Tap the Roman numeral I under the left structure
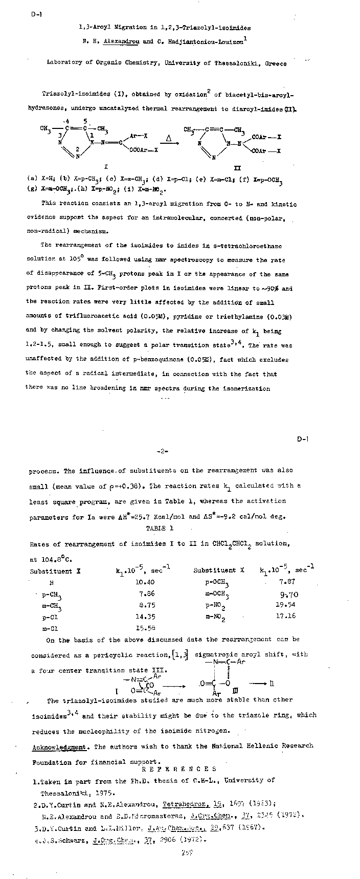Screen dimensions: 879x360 coord(106,167)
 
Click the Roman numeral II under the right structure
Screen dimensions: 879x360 coord(237,168)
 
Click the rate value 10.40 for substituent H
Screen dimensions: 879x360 coord(145,582)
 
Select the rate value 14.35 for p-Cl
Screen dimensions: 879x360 coord(145,617)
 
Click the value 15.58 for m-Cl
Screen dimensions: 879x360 coord(145,629)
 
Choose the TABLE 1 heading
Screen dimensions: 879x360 coord(160,529)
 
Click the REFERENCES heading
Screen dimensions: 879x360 coord(179,769)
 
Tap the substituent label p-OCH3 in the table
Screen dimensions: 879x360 coord(217,583)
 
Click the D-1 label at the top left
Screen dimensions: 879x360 coord(36,14)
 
